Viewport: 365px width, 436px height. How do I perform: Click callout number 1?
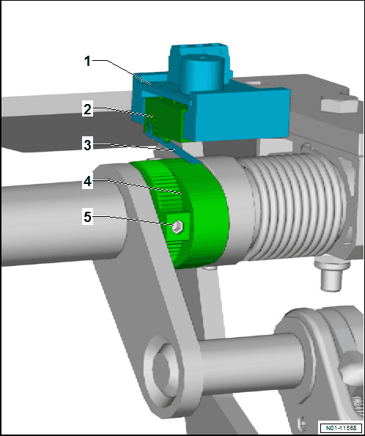(x=87, y=61)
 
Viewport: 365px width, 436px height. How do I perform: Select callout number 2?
(x=87, y=109)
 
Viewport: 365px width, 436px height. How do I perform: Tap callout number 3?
(x=87, y=145)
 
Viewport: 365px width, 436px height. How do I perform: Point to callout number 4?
(x=87, y=182)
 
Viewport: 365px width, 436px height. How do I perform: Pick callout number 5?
(x=87, y=217)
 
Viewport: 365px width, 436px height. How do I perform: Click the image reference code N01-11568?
(x=341, y=428)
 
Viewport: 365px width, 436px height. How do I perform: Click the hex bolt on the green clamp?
(x=177, y=226)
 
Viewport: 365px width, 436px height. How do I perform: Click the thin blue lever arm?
(x=173, y=146)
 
